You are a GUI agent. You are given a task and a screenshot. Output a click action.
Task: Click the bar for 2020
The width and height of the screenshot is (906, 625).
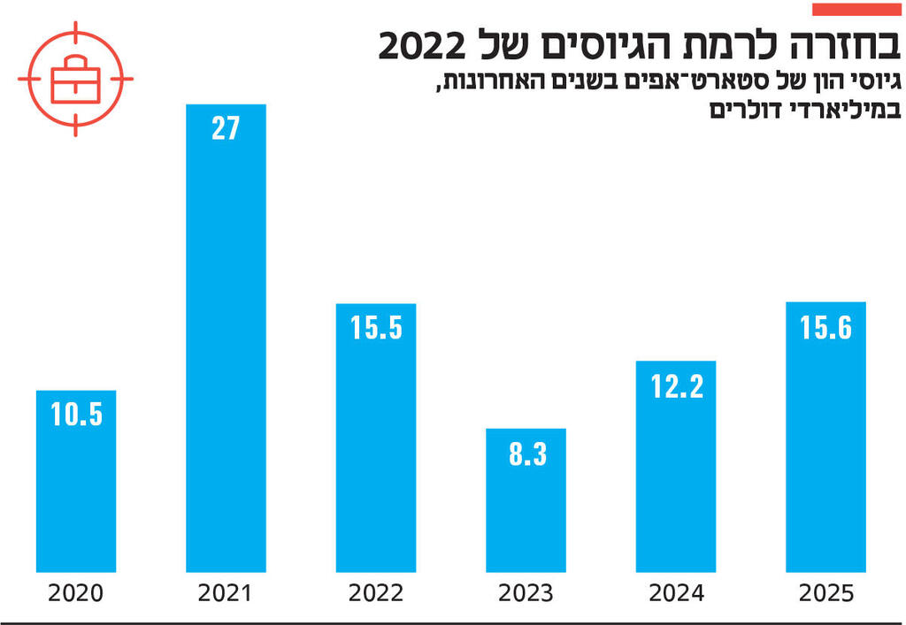[76, 495]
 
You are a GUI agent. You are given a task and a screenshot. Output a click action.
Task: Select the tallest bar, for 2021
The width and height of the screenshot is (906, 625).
[226, 354]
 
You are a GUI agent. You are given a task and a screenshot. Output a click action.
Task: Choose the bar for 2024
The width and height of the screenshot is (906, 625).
[676, 477]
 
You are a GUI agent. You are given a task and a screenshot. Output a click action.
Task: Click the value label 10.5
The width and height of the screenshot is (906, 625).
[76, 415]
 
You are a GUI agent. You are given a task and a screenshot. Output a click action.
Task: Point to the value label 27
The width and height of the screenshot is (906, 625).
[226, 129]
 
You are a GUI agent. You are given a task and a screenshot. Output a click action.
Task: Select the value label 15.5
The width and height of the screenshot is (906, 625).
[376, 328]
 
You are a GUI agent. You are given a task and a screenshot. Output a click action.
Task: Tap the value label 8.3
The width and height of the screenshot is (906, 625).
[526, 454]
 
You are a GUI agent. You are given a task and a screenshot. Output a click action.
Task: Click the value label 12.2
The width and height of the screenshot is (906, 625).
[676, 385]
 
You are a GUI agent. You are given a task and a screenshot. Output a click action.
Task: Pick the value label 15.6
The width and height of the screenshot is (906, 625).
[825, 328]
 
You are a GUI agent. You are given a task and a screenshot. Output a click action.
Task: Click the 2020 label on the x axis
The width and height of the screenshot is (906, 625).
[76, 593]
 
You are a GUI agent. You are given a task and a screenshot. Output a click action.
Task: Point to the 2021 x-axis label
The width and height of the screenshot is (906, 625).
[226, 593]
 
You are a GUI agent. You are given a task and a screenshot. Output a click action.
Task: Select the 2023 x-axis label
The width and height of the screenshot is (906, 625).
[526, 593]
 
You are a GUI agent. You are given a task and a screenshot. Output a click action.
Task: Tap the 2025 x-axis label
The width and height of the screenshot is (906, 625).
[825, 593]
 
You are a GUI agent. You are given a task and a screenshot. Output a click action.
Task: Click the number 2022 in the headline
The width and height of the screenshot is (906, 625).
[428, 45]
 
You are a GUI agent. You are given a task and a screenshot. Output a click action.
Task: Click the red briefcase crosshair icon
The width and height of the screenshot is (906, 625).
[75, 79]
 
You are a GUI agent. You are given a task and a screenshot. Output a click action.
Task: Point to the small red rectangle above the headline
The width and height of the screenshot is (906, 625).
[856, 10]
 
